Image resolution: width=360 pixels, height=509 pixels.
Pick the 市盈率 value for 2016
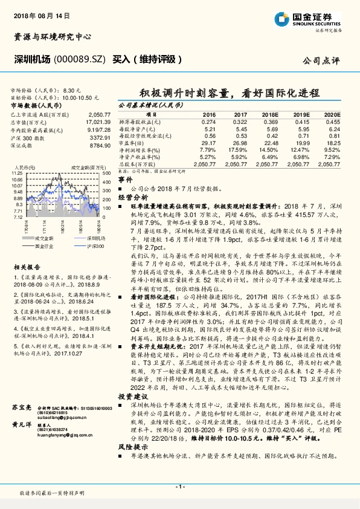pos(208,143)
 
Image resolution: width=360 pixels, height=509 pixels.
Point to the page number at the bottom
pos(180,487)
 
